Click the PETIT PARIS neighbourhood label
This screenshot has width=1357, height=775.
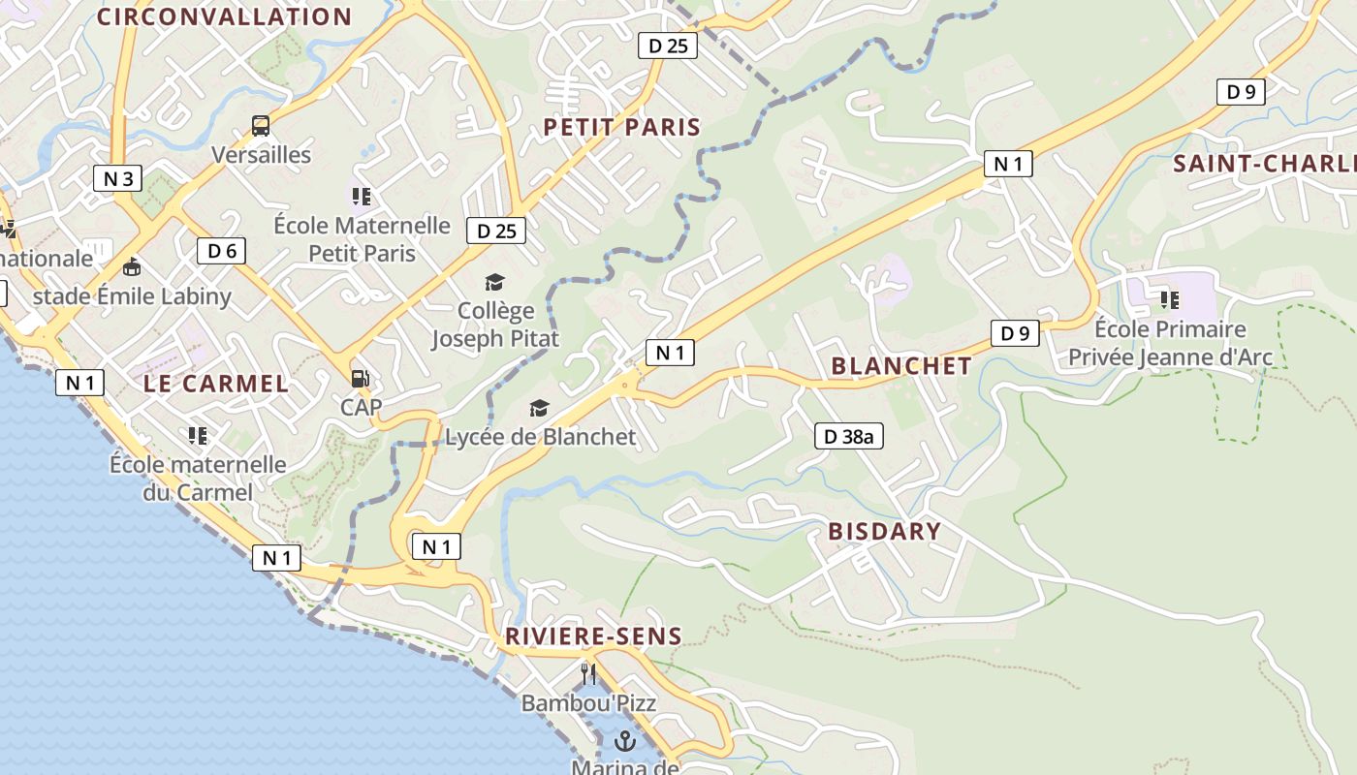click(621, 127)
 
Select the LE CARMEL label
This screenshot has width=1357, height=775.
click(216, 384)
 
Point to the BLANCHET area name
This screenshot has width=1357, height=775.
click(901, 366)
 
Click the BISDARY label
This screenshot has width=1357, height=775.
click(884, 531)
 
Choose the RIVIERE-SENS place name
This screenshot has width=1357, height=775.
click(593, 636)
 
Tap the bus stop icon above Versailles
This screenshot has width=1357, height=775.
click(261, 125)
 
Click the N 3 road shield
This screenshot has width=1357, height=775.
click(117, 178)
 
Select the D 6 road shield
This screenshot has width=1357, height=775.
click(222, 251)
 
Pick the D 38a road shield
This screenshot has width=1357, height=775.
click(848, 436)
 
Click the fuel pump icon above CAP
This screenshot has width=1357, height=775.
click(360, 378)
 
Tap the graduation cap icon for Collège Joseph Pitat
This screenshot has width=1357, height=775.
click(495, 282)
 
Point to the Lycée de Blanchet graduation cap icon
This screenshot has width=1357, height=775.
click(539, 409)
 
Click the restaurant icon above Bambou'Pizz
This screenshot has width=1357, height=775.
click(588, 672)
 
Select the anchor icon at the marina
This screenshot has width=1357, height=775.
click(625, 742)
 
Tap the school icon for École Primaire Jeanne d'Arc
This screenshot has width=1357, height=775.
click(1170, 299)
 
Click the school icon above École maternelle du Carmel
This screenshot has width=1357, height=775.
click(198, 435)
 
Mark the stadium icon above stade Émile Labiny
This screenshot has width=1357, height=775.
click(132, 266)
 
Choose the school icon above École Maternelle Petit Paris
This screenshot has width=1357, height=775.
click(362, 197)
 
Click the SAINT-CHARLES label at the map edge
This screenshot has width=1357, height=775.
click(1264, 164)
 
